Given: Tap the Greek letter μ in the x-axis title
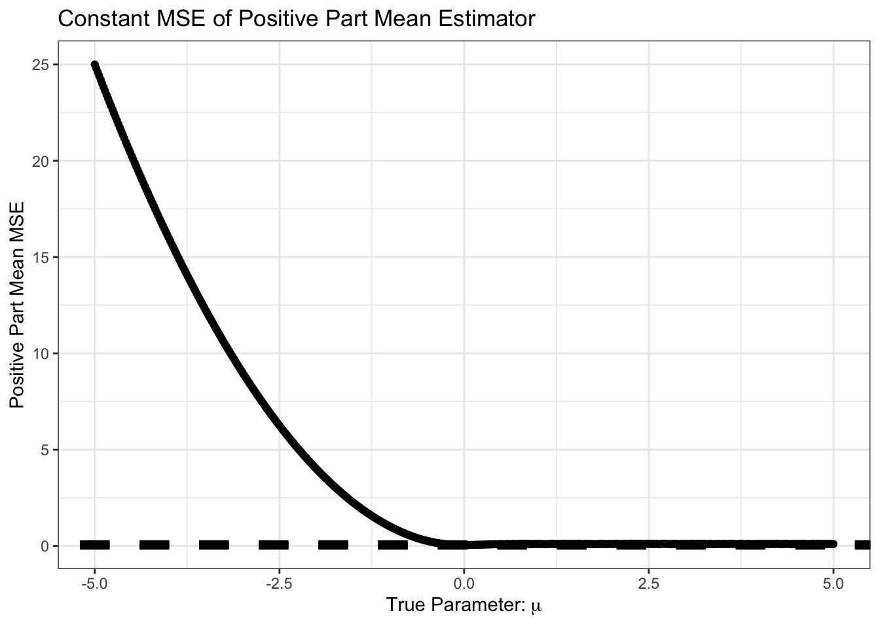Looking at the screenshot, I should pyautogui.click(x=536, y=606).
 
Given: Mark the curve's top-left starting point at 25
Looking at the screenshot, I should pyautogui.click(x=95, y=65).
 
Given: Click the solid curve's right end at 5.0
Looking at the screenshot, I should pyautogui.click(x=832, y=544).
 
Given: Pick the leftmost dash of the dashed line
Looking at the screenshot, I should pyautogui.click(x=94, y=545).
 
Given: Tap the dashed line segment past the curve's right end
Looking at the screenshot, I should pyautogui.click(x=862, y=545).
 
